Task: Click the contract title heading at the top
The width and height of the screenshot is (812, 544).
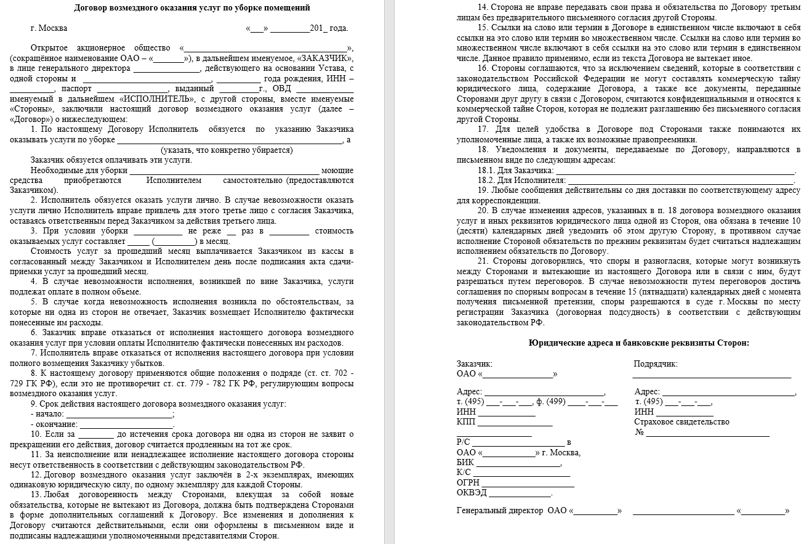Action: (x=191, y=8)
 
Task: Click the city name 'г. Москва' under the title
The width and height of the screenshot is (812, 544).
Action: (x=49, y=28)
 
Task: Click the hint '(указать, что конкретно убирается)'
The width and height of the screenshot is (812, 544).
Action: (x=227, y=150)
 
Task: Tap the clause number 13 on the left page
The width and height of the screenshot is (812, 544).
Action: (x=36, y=495)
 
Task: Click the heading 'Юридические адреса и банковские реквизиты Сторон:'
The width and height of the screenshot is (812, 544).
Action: (x=639, y=343)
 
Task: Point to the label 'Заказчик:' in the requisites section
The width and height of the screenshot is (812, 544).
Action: (x=475, y=363)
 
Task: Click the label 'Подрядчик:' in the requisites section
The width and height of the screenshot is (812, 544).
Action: (x=656, y=363)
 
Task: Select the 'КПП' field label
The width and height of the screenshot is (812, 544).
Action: (x=466, y=422)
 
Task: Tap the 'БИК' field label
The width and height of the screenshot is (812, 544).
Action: (x=465, y=462)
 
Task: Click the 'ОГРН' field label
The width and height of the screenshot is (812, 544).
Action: (x=468, y=482)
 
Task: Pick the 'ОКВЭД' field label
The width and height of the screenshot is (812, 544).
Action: (x=472, y=493)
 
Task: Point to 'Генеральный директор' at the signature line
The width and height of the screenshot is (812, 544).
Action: (x=500, y=511)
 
